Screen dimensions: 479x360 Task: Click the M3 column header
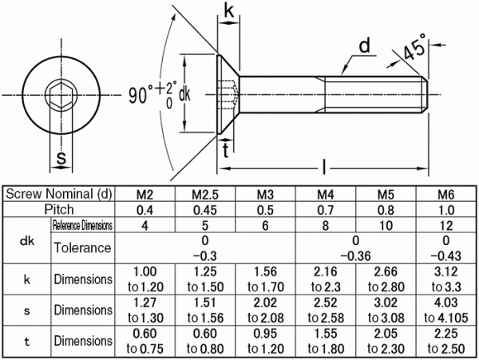click(x=265, y=194)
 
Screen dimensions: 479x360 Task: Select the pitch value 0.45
click(x=205, y=210)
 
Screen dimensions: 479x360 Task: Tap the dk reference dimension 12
click(x=446, y=226)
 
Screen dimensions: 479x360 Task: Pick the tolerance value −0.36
click(x=355, y=256)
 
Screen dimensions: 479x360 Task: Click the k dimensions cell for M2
click(x=145, y=279)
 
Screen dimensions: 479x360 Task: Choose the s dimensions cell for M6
click(x=446, y=310)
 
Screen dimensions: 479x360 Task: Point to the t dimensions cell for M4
click(x=326, y=341)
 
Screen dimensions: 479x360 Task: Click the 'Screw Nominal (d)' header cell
click(x=59, y=194)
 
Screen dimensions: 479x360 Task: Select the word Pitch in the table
click(x=59, y=209)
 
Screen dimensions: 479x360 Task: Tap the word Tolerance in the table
click(x=82, y=247)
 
